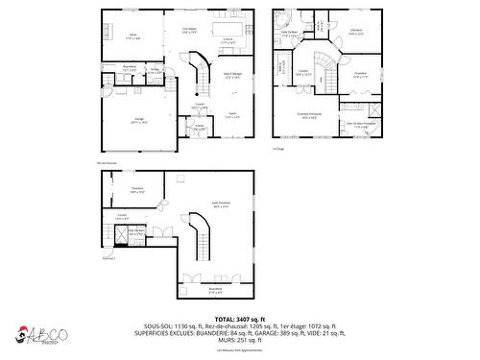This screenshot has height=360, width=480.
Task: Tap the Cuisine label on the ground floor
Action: [228, 41]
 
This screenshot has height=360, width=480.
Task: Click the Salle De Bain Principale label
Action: [361, 124]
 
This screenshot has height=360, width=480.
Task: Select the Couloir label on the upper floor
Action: [302, 72]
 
